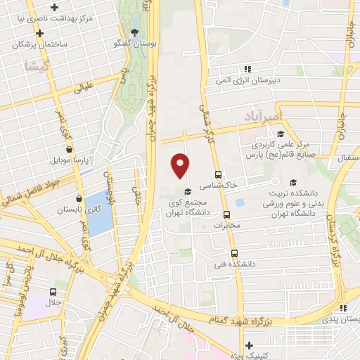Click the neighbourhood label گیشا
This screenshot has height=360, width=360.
pyautogui.click(x=34, y=67)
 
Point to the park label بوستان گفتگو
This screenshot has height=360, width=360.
pyautogui.click(x=128, y=44)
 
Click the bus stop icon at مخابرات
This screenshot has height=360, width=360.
pyautogui.click(x=226, y=215)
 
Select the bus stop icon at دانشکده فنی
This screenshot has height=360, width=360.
pyautogui.click(x=235, y=253)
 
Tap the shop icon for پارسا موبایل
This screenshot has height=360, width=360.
pyautogui.click(x=69, y=149)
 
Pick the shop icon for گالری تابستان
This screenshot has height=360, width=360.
pyautogui.click(x=79, y=199)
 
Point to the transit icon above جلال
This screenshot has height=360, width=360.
pyautogui.click(x=53, y=292)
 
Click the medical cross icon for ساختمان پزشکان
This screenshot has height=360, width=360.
pyautogui.click(x=39, y=32)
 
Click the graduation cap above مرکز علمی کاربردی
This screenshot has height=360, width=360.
pyautogui.click(x=281, y=134)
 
